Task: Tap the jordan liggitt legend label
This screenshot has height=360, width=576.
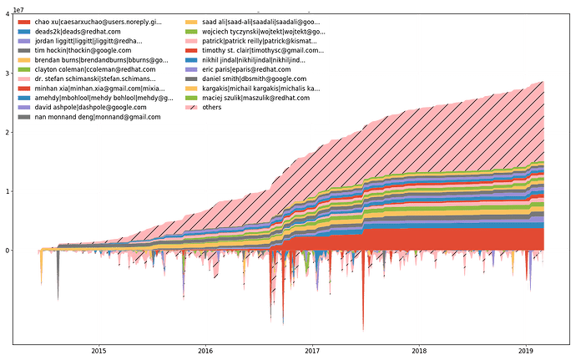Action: click(88, 40)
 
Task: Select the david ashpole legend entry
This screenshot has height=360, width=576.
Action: click(84, 108)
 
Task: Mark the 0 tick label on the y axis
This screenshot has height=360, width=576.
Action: click(8, 250)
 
